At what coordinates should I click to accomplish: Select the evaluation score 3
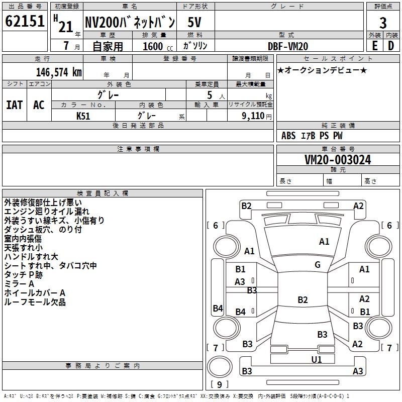point(383,23)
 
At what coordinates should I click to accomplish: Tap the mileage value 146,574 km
point(59,72)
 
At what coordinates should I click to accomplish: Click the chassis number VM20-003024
point(338,160)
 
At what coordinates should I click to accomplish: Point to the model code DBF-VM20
point(288,46)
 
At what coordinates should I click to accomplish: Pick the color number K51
point(83,115)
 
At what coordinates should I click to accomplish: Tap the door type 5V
point(195,23)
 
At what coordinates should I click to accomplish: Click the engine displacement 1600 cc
point(156,46)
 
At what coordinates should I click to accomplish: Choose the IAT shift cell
point(14,105)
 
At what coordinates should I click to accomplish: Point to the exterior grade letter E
point(374,46)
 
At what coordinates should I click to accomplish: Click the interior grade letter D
point(391,46)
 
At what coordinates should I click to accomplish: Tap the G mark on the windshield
point(318,265)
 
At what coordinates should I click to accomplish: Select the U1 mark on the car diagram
point(317,359)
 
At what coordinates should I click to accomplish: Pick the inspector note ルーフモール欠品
point(35,302)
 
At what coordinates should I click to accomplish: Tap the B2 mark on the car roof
point(303,300)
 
